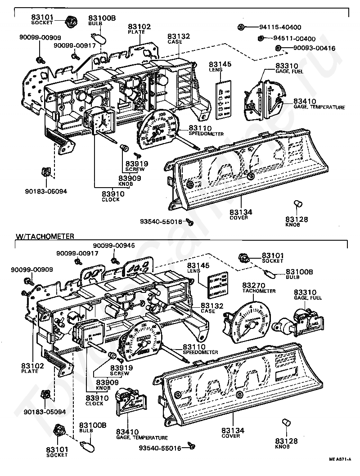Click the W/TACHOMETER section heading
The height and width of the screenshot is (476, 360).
click(x=45, y=236)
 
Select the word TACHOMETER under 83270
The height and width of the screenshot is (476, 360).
click(x=259, y=291)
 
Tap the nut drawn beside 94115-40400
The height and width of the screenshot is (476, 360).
click(x=242, y=27)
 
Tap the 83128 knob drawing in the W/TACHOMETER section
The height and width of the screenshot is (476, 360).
click(x=284, y=422)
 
